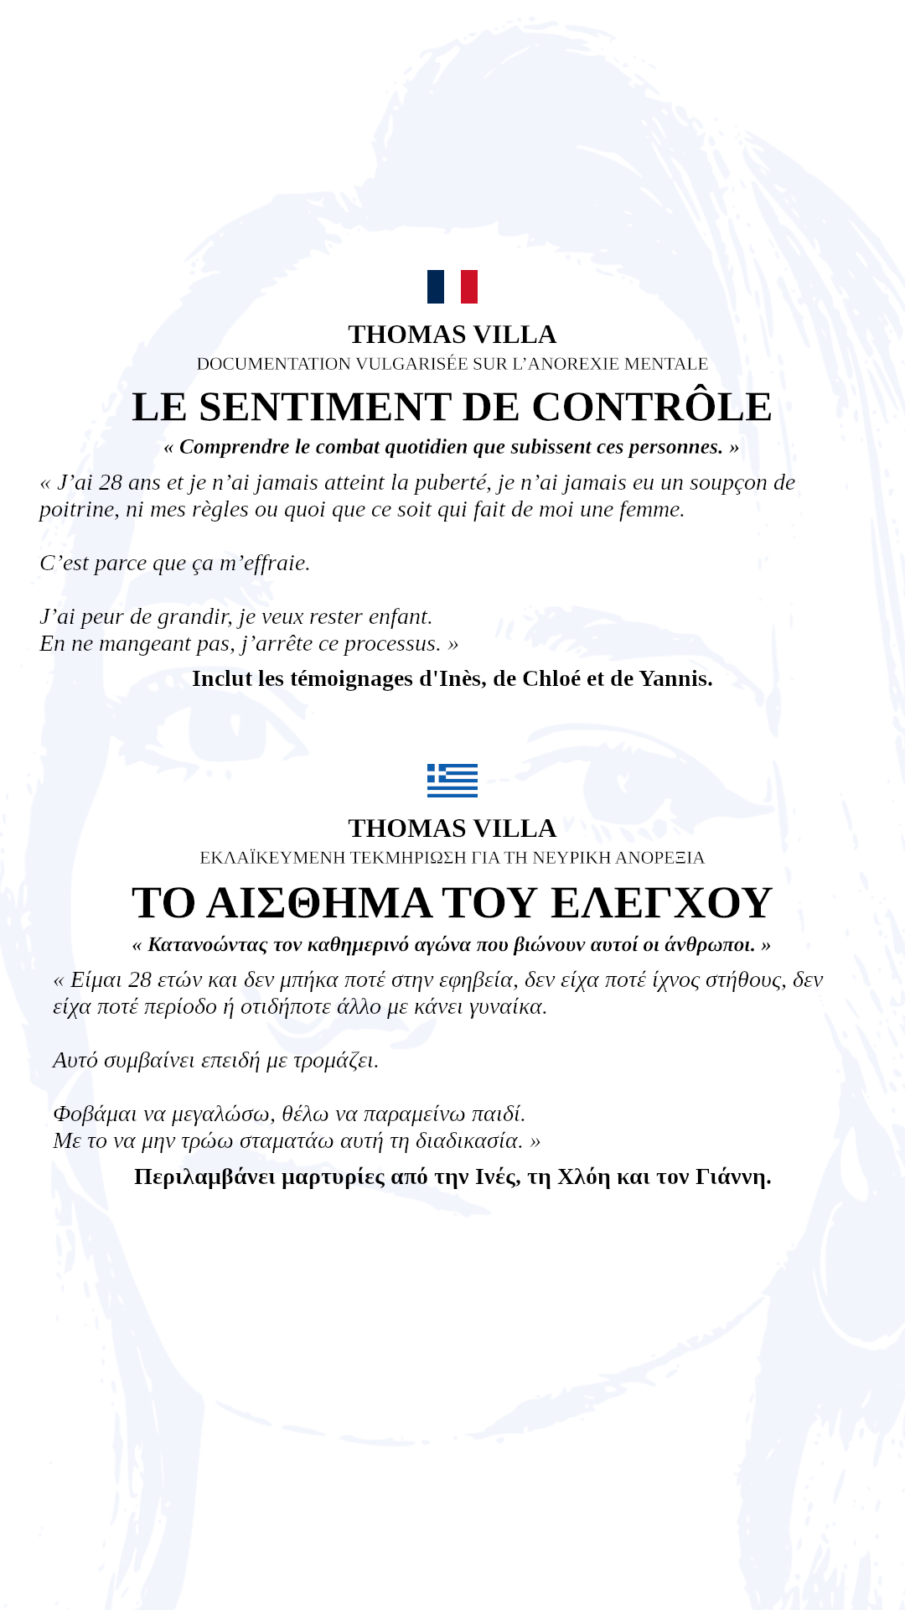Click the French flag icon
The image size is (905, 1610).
452,287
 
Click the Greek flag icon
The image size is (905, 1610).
452,780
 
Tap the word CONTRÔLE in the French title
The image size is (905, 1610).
652,407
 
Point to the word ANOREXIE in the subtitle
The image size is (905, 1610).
574,364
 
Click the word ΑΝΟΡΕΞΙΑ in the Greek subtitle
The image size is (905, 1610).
660,858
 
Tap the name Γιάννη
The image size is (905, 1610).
733,1176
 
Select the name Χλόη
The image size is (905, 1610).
584,1176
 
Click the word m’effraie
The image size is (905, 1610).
265,563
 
